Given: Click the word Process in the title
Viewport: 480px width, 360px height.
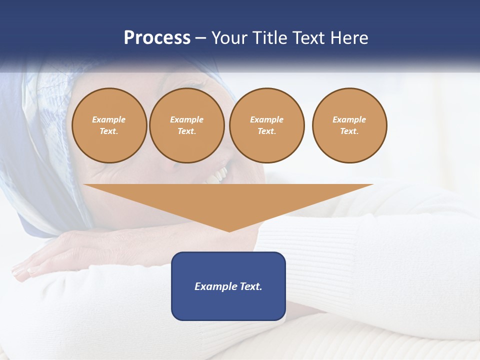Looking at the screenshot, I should point(157,37).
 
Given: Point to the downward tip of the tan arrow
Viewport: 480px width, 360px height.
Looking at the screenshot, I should point(229,229).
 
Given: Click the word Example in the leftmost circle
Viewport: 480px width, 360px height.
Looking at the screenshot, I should point(109,119).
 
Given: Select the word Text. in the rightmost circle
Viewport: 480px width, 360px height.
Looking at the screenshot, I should point(349,131).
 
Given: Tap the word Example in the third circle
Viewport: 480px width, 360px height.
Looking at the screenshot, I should point(266,119).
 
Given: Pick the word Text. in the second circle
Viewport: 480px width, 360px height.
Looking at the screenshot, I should point(186,131).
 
